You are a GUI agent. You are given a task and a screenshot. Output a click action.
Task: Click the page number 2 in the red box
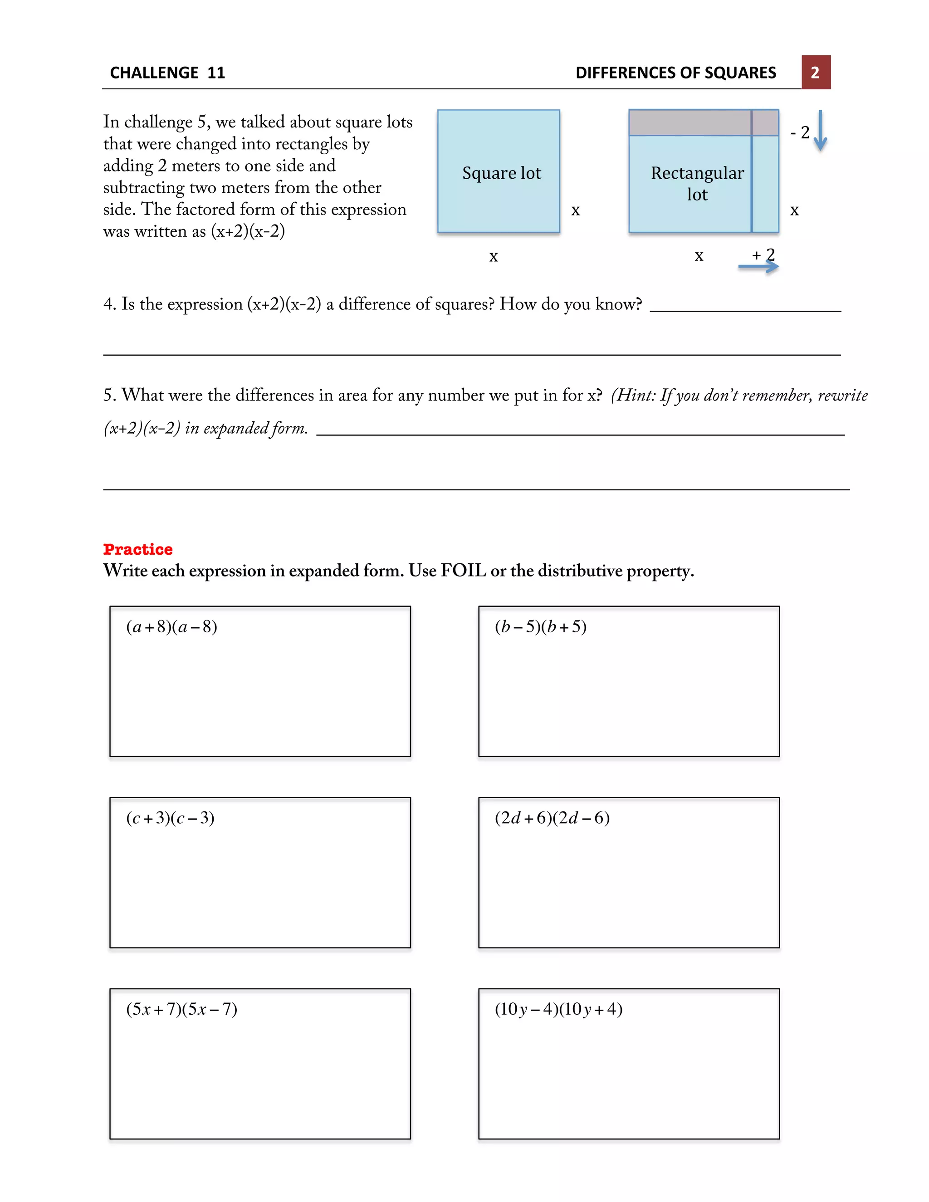pos(815,72)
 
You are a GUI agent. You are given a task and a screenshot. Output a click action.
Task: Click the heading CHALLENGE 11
pos(167,73)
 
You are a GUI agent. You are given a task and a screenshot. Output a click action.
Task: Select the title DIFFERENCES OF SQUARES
pos(675,73)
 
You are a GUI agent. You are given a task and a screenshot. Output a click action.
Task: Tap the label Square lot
pos(501,173)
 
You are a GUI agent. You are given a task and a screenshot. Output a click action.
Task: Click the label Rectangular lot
pos(697,183)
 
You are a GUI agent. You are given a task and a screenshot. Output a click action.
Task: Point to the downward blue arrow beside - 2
pos(820,131)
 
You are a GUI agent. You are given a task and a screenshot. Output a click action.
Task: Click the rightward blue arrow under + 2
pos(758,267)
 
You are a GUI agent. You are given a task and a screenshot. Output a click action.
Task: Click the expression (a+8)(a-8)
pos(172,626)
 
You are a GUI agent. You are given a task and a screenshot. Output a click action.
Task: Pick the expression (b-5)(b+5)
pos(540,626)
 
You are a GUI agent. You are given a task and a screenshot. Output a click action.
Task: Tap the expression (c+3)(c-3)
pos(170,817)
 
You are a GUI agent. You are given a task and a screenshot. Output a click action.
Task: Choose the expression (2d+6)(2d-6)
pos(552,817)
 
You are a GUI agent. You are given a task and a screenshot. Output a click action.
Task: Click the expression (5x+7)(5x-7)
pos(181,1009)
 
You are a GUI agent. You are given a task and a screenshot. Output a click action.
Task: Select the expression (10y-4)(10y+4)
pos(558,1009)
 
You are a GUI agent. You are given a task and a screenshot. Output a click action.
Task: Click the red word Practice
pos(137,549)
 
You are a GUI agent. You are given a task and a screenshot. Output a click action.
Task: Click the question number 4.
pos(108,304)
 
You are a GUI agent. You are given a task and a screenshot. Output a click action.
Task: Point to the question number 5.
pos(108,395)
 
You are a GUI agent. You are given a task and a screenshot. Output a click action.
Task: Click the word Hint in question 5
pos(635,395)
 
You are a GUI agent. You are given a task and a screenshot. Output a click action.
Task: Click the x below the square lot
pos(494,256)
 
